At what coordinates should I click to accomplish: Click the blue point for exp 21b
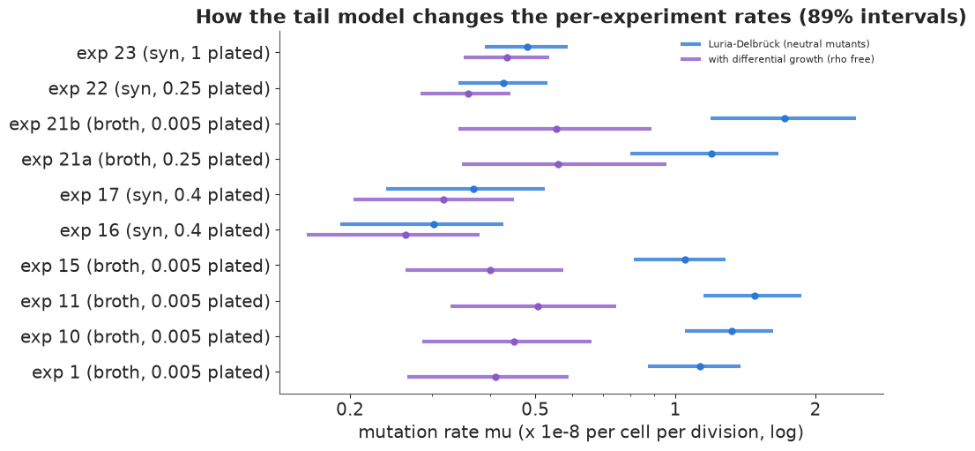785,118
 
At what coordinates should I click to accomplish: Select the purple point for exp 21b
556,129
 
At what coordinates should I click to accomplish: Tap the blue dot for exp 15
685,259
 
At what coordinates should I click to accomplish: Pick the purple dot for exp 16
406,235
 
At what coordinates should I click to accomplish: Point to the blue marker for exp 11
755,296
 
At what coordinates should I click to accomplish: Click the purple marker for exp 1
495,377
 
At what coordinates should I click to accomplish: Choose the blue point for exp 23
527,47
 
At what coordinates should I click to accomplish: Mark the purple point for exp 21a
558,164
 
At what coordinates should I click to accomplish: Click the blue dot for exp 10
732,331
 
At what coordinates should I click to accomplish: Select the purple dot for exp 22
468,94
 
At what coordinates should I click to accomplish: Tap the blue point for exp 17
473,189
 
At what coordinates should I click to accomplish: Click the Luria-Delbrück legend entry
775,44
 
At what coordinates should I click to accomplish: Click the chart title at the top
582,17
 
